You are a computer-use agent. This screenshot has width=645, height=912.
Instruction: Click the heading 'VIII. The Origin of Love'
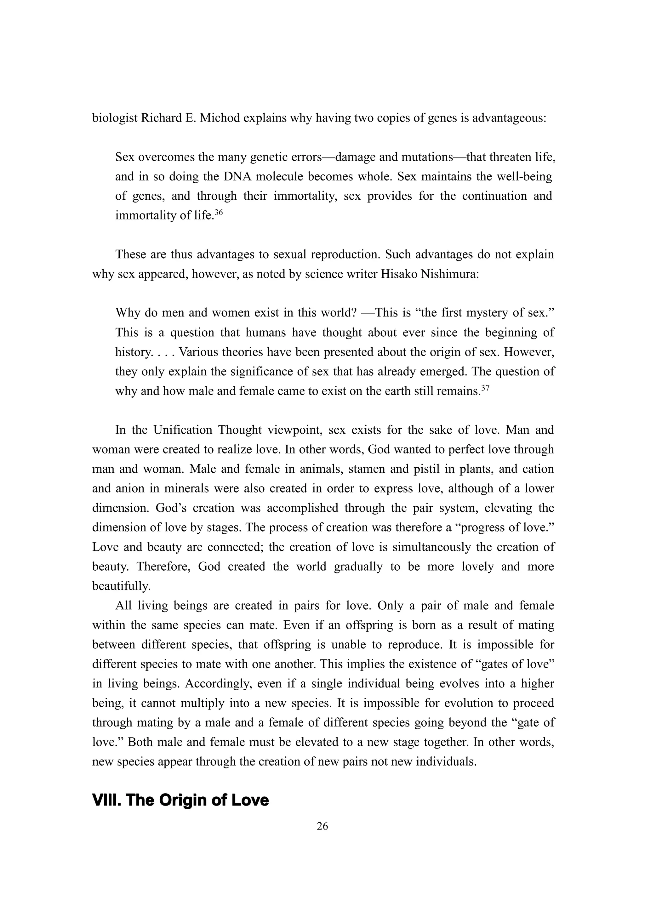point(180,800)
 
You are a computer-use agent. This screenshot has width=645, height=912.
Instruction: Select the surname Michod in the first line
point(219,118)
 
